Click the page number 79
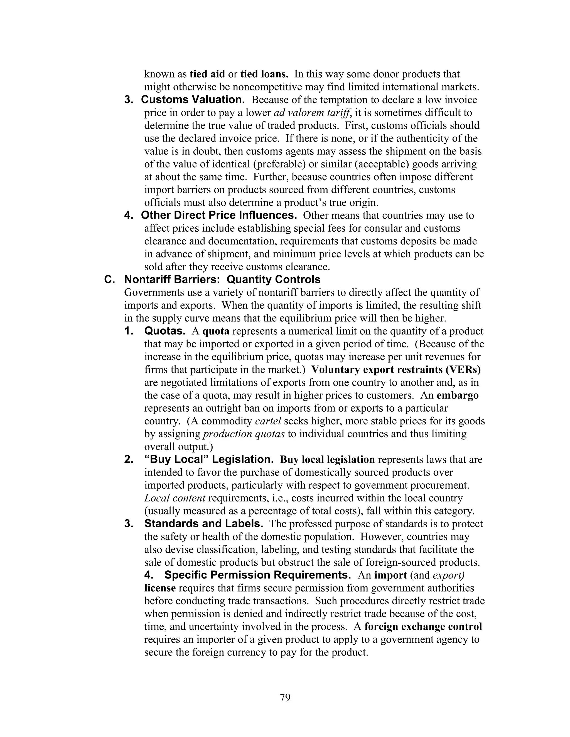[285, 697]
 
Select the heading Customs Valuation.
[193, 100]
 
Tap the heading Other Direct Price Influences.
[219, 215]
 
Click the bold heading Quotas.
[164, 331]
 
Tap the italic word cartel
[268, 421]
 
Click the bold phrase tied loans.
[264, 74]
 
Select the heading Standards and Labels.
[204, 524]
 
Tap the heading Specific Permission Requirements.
[257, 575]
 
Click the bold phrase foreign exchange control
[423, 627]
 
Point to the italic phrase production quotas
[244, 434]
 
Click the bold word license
[160, 588]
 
